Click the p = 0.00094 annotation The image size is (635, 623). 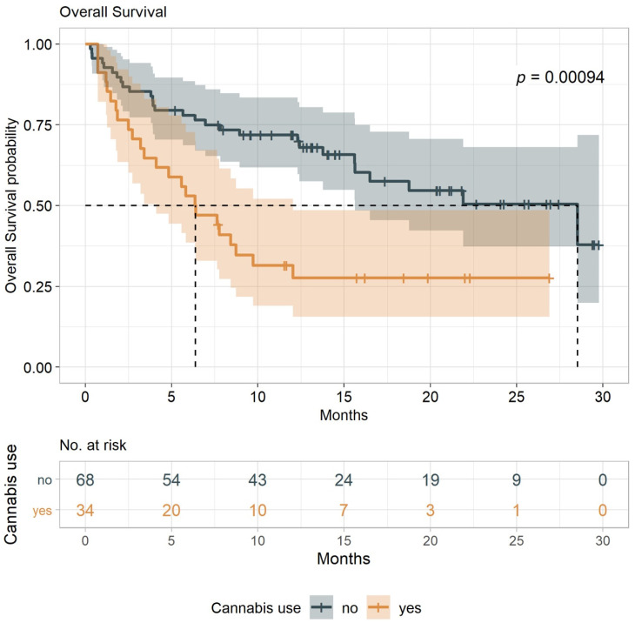point(560,77)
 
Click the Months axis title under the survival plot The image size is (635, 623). point(343,415)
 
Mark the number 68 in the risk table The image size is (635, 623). point(85,479)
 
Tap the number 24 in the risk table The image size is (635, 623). point(343,479)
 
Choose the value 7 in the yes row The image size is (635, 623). point(343,510)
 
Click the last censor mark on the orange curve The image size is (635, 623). point(549,278)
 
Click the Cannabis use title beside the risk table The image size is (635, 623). point(14,495)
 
